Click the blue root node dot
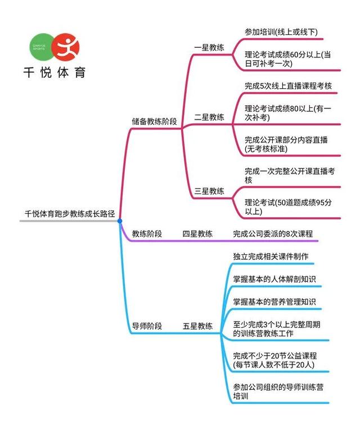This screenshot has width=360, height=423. point(120,221)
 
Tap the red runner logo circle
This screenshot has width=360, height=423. point(66,47)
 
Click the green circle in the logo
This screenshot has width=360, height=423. point(41,47)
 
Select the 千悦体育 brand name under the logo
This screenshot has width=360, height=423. point(55,73)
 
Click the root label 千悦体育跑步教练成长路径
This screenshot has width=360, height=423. point(70,214)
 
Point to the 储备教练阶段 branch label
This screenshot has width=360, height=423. point(154,121)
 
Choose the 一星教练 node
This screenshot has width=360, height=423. point(209,48)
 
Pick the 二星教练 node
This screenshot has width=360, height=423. point(209,117)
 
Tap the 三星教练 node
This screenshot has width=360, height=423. point(209,191)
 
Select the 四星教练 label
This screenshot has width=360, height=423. point(197,233)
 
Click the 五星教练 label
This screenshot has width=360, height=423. point(197,326)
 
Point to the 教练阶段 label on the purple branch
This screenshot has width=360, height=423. point(147,233)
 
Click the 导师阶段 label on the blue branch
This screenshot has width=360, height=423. point(147,326)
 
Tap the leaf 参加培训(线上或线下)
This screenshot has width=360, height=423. point(281,32)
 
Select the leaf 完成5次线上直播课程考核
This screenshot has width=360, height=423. point(288,86)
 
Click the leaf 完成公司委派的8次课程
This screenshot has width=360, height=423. point(273,233)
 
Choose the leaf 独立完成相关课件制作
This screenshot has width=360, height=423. point(271,256)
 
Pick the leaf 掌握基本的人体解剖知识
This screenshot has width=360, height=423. point(274,279)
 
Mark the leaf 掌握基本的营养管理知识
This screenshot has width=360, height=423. point(274,301)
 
